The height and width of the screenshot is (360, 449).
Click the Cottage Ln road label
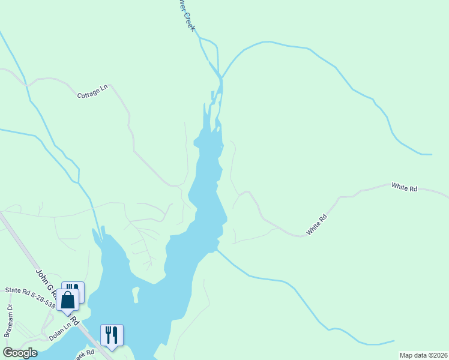[92, 92]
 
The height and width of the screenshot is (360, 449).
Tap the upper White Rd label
[404, 188]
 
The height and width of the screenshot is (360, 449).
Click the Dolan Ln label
[59, 334]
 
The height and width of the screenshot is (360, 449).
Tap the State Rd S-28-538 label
[30, 298]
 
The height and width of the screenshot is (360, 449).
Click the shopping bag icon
[68, 299]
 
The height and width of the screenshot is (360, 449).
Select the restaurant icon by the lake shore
[112, 335]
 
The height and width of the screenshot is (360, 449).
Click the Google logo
[20, 353]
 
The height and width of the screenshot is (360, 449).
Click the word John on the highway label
[40, 275]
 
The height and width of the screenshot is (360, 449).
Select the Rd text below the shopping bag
[75, 320]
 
